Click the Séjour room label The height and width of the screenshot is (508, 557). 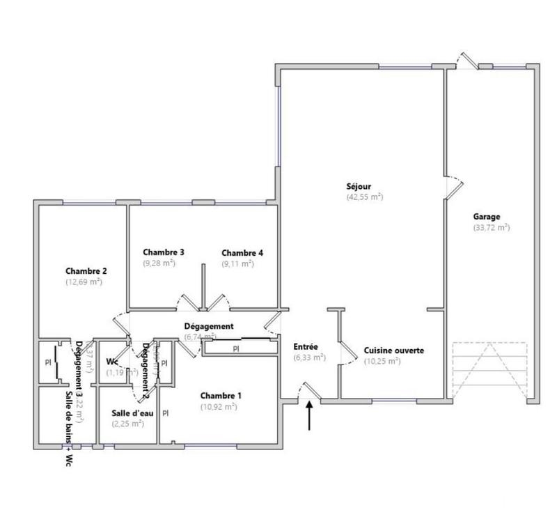pyautogui.click(x=359, y=186)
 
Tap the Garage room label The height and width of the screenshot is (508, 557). pyautogui.click(x=487, y=217)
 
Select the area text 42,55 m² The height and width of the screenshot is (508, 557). pyautogui.click(x=365, y=197)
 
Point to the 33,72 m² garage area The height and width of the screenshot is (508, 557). pyautogui.click(x=492, y=228)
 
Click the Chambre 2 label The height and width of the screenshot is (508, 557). pyautogui.click(x=86, y=271)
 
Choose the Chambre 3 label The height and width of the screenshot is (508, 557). pyautogui.click(x=164, y=252)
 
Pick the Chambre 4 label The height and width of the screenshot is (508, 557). pyautogui.click(x=242, y=252)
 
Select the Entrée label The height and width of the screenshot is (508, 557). pyautogui.click(x=306, y=346)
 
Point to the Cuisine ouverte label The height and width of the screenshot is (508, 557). pyautogui.click(x=393, y=351)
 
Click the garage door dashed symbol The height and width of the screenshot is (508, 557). pyautogui.click(x=489, y=370)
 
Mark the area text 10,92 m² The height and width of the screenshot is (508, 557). pyautogui.click(x=219, y=407)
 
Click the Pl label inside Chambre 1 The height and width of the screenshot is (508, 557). pyautogui.click(x=166, y=413)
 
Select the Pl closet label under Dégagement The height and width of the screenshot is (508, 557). pyautogui.click(x=236, y=348)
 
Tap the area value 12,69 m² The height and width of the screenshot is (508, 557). pyautogui.click(x=84, y=282)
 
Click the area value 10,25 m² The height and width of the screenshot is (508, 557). pyautogui.click(x=382, y=362)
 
